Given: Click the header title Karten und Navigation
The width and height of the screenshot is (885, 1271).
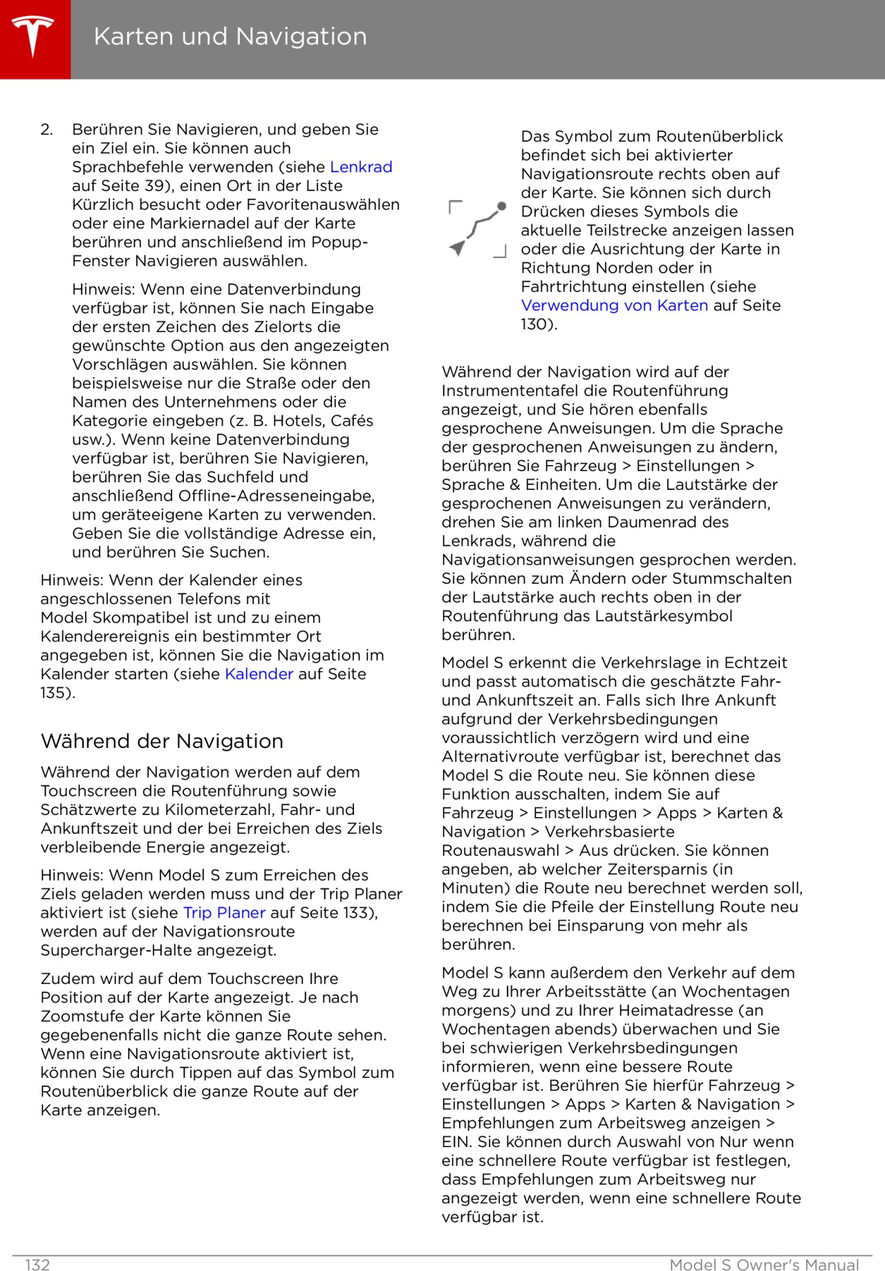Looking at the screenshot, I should (x=230, y=37).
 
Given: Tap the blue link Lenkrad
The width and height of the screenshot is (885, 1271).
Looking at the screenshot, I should (x=361, y=167).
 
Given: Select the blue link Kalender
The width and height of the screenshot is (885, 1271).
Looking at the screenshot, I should (x=259, y=674).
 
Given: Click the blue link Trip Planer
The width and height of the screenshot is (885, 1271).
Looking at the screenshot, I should (x=224, y=913).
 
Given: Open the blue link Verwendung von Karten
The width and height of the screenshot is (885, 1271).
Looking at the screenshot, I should (x=614, y=305).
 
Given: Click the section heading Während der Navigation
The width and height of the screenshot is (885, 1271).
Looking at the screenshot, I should (x=162, y=741).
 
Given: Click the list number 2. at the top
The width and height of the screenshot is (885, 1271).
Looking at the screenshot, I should (x=47, y=129).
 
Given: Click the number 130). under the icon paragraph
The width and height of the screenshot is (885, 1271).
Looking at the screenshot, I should (x=539, y=324).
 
